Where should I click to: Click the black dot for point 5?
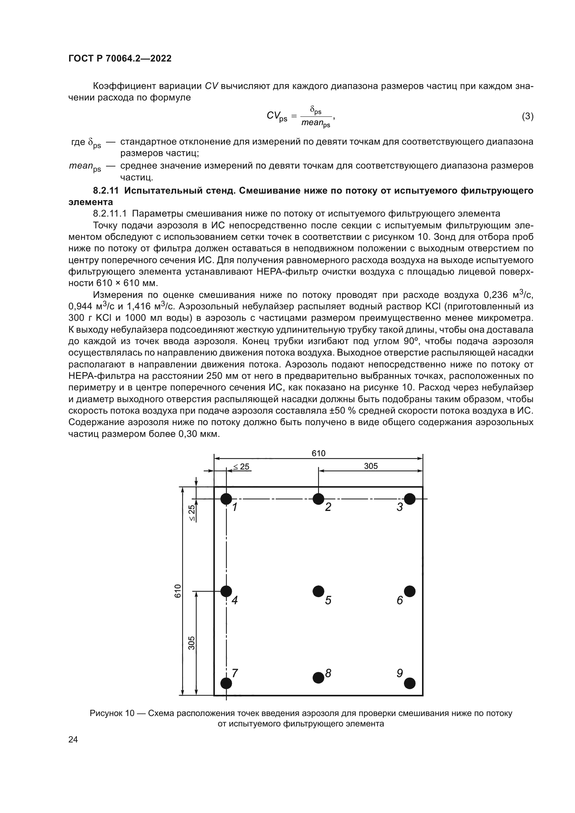318,591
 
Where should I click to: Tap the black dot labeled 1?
226,499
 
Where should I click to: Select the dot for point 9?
410,683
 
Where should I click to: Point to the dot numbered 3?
410,499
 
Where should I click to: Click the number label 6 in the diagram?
400,601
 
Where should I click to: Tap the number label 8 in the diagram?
328,673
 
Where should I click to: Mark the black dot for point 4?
226,591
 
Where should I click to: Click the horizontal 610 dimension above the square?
318,454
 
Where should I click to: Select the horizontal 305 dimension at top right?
371,466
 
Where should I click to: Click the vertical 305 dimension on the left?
191,643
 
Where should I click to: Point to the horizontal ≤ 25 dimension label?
242,467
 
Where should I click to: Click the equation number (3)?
528,116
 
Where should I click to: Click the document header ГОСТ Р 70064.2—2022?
120,58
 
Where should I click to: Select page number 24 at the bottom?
73,739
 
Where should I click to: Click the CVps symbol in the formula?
276,116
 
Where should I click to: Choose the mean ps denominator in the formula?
315,123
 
